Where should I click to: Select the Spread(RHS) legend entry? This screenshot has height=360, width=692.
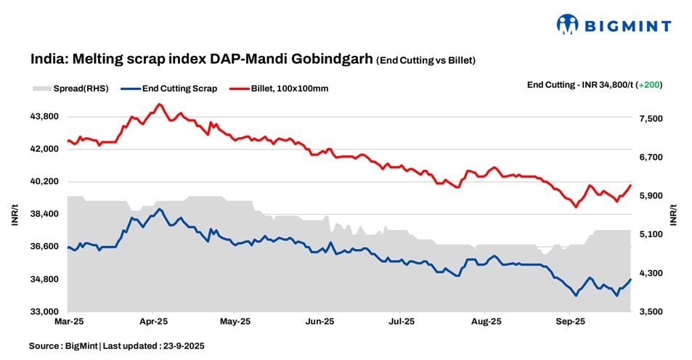[70, 89]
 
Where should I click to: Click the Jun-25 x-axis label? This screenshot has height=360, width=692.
[319, 320]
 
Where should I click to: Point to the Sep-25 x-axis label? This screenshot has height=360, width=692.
[570, 320]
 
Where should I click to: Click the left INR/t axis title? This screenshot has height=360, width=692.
[15, 215]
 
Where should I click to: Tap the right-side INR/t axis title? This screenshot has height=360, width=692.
[674, 215]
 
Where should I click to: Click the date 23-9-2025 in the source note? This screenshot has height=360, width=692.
[182, 346]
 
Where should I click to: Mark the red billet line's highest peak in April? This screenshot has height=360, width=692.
[159, 104]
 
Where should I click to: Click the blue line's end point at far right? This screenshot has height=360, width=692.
[631, 279]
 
